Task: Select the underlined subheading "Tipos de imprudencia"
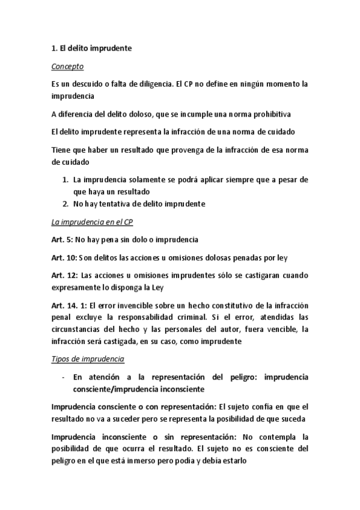(88, 359)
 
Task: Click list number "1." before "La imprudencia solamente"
(66, 180)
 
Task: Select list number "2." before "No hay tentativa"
(66, 203)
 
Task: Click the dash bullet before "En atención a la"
(63, 377)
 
